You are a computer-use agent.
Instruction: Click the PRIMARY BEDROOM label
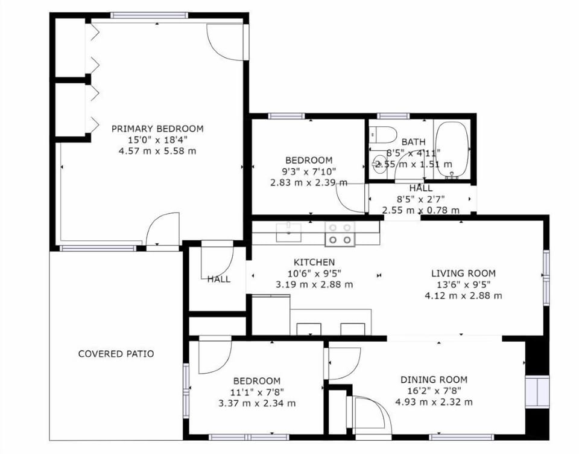pyautogui.click(x=157, y=129)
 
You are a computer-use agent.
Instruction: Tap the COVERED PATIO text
pyautogui.click(x=116, y=354)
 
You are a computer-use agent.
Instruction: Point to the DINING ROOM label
pyautogui.click(x=434, y=380)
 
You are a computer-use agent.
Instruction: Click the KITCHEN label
pyautogui.click(x=314, y=262)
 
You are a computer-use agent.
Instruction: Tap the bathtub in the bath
pyautogui.click(x=452, y=150)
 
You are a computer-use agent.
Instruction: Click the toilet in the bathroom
pyautogui.click(x=382, y=133)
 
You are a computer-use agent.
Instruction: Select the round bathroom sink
pyautogui.click(x=379, y=164)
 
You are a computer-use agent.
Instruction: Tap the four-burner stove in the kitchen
pyautogui.click(x=340, y=234)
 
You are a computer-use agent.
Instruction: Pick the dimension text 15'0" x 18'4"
pyautogui.click(x=157, y=140)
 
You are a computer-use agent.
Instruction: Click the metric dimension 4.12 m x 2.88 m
pyautogui.click(x=463, y=296)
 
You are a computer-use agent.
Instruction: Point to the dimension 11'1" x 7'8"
pyautogui.click(x=257, y=392)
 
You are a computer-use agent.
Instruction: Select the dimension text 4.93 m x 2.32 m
pyautogui.click(x=434, y=402)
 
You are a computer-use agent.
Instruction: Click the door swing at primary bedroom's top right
pyautogui.click(x=226, y=41)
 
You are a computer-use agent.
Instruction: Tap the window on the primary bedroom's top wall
pyautogui.click(x=149, y=16)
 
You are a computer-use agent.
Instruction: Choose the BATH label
pyautogui.click(x=413, y=142)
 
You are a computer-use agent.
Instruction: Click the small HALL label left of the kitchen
pyautogui.click(x=218, y=279)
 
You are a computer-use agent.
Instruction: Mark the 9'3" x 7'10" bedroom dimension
pyautogui.click(x=309, y=171)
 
